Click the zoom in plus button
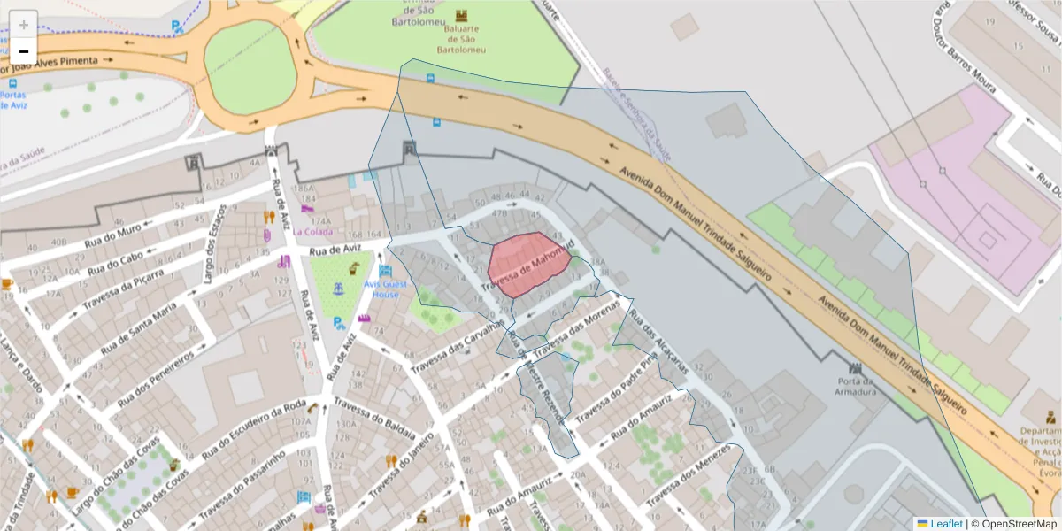click(24, 25)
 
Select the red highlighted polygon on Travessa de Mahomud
click(526, 262)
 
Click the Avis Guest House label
click(385, 289)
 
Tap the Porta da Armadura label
click(856, 386)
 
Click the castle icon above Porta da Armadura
click(855, 367)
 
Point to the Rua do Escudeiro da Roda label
click(254, 430)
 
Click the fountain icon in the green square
click(338, 289)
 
